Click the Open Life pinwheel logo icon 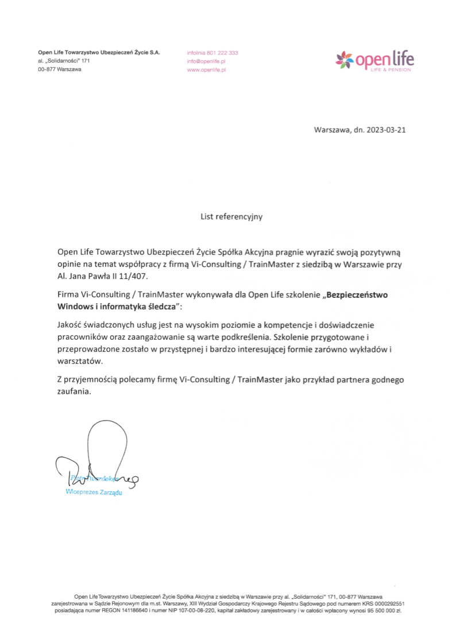[x=345, y=59]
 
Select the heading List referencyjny [x=231, y=217]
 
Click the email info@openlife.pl [x=206, y=61]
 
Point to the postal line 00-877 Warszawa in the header [x=60, y=69]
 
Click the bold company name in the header [x=99, y=52]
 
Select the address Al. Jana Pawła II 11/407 [x=103, y=276]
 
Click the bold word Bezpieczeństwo [x=358, y=294]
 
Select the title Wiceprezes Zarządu [x=94, y=492]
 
